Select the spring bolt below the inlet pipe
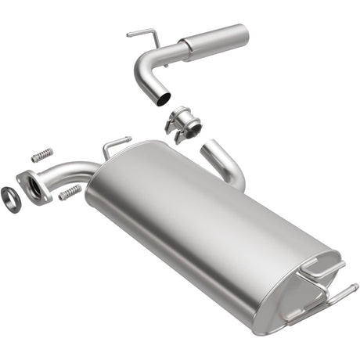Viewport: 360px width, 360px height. click(70, 192)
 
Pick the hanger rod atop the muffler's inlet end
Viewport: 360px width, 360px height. click(114, 144)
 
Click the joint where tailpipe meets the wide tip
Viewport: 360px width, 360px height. click(185, 51)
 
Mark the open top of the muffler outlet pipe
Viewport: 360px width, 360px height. click(209, 147)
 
